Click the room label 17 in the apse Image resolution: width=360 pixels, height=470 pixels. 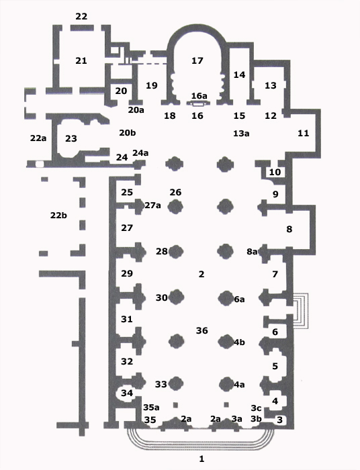coord(197,61)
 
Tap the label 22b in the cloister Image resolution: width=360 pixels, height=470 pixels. coord(58,216)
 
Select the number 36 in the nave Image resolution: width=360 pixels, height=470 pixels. coord(201,330)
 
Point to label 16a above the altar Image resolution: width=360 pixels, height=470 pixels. coord(199,95)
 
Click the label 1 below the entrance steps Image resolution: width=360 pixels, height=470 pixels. coord(201,459)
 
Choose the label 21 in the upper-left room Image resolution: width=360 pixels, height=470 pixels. coord(81,61)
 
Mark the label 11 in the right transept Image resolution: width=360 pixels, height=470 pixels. coord(303,133)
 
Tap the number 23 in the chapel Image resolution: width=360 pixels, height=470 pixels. coord(71,138)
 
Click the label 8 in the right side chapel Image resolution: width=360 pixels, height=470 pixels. coord(289,230)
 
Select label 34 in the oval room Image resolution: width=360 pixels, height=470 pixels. coord(127,393)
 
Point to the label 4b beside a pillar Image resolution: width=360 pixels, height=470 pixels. coord(239,342)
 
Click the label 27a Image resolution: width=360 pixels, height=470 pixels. coord(152,205)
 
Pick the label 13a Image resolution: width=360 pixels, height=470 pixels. coord(241,134)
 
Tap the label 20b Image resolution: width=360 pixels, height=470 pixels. coord(128,132)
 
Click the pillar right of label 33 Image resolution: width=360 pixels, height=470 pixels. coord(176,383)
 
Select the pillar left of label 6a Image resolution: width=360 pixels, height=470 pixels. coord(226,298)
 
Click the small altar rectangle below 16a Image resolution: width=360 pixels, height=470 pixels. coord(198,104)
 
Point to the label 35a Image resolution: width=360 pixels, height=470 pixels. coord(151,408)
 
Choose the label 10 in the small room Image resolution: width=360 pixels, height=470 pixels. coord(275,172)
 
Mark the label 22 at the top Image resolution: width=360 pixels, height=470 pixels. coord(81,16)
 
